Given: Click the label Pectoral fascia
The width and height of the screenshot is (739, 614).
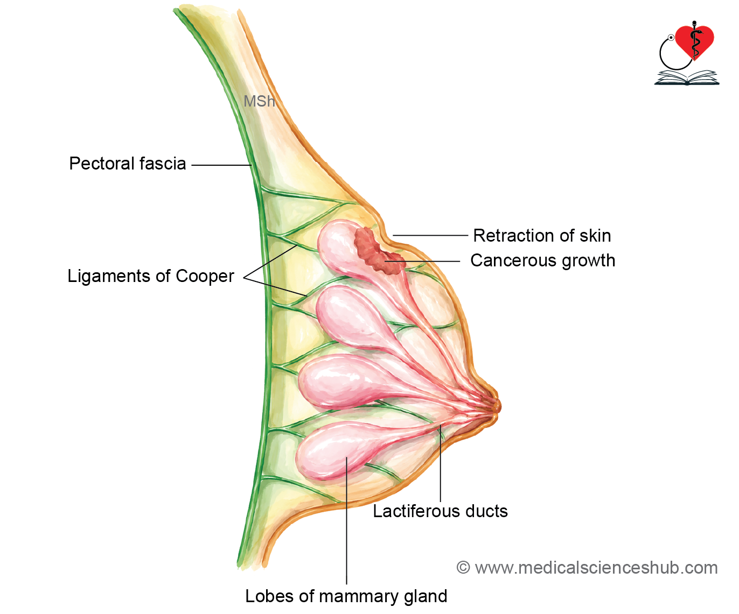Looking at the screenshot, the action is point(128,164).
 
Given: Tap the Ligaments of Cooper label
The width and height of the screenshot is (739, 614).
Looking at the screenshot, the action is point(151,276).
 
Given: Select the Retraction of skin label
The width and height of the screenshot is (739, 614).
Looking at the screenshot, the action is point(542,236).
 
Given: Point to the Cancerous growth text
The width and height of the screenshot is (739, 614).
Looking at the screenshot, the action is point(542,260).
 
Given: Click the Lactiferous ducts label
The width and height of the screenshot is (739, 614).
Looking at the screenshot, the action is point(440,511).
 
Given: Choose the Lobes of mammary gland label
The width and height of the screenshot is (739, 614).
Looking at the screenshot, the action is point(346,596).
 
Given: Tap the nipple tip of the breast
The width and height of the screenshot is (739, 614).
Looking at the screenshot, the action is point(497,406).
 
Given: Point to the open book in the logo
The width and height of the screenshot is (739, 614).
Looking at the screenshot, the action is point(687,78).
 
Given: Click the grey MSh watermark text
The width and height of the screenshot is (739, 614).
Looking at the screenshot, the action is point(259,102).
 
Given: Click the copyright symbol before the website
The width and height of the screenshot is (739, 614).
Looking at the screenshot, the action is point(463,568).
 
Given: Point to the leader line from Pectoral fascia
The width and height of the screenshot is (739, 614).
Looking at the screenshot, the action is point(221,165).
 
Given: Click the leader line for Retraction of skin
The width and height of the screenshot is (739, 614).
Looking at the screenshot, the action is point(430,235).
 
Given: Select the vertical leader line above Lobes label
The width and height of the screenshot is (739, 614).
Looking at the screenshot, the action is point(347,520).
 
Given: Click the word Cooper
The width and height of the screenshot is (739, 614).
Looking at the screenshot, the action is point(205,276).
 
